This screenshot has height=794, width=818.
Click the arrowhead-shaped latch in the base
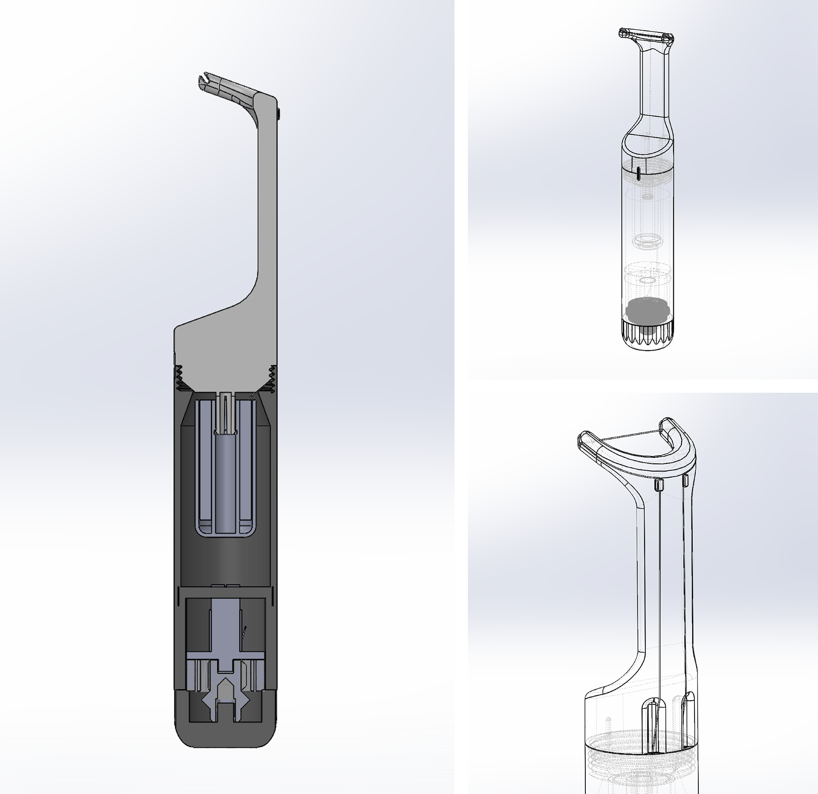pyautogui.click(x=225, y=682)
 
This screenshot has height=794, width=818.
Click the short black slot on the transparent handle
pyautogui.click(x=639, y=173)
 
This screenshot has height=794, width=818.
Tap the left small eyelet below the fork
pyautogui.click(x=658, y=483)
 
